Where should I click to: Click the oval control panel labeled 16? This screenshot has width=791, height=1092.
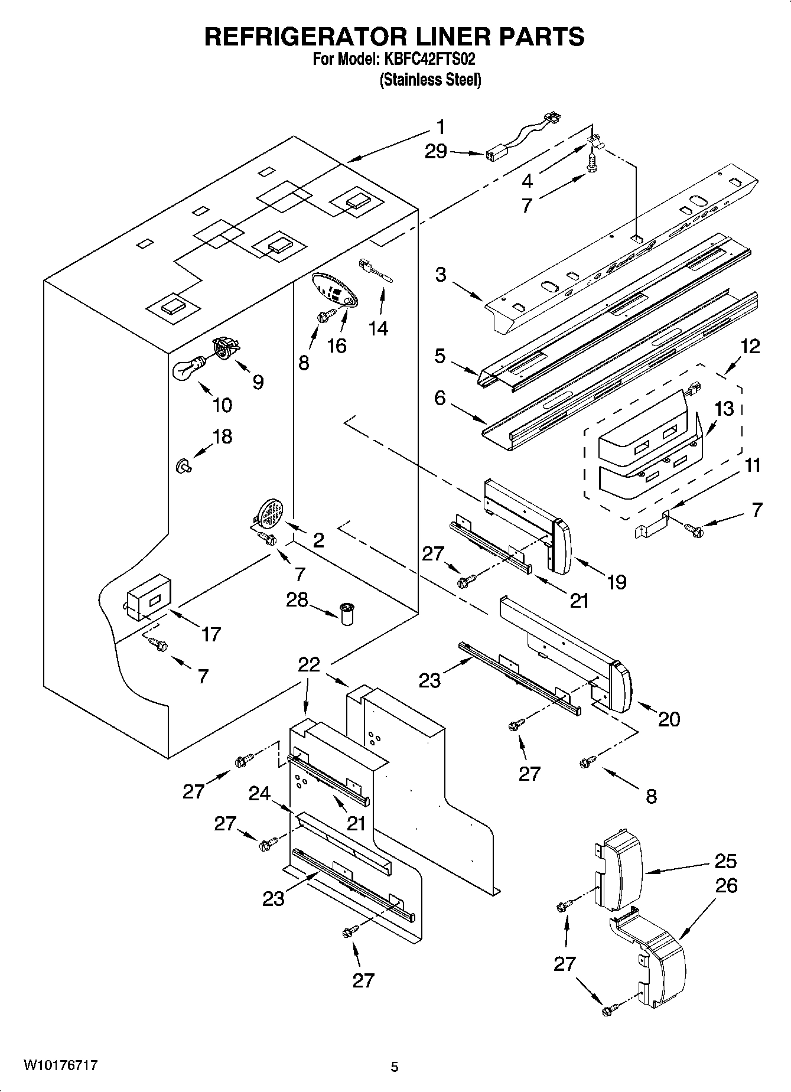334,289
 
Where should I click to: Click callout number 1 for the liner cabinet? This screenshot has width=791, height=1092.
440,127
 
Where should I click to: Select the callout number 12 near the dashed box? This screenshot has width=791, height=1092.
750,346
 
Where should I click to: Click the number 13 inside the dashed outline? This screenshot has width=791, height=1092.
724,408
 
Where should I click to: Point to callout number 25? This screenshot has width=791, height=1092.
725,861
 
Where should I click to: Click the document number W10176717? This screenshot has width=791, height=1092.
60,1065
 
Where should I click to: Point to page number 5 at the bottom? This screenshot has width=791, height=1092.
395,1067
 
